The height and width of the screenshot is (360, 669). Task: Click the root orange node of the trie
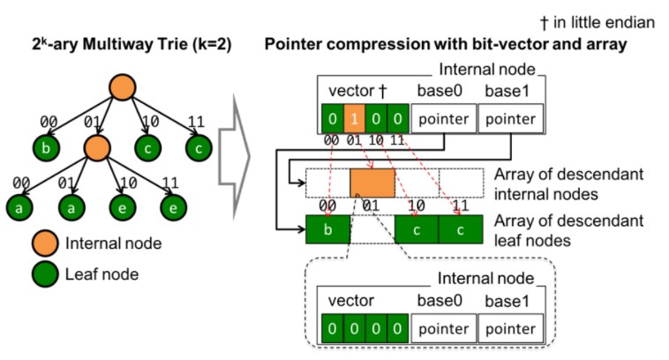click(123, 87)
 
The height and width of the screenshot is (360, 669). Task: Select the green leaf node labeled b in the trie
click(46, 148)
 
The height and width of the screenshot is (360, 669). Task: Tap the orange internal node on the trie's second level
click(97, 148)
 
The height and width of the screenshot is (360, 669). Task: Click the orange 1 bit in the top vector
click(354, 118)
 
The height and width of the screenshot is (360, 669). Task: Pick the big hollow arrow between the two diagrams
click(234, 156)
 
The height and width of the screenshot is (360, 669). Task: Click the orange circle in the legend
click(45, 244)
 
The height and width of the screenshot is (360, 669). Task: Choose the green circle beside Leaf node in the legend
click(45, 274)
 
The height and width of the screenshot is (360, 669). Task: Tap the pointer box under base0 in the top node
click(443, 118)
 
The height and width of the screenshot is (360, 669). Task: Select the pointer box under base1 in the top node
click(511, 118)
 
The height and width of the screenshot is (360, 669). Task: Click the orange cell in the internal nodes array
click(372, 183)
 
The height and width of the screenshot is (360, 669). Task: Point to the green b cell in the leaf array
click(327, 229)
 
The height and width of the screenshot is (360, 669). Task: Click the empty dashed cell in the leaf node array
click(372, 229)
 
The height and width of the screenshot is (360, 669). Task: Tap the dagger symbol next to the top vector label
click(383, 91)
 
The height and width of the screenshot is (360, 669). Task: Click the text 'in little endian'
click(604, 22)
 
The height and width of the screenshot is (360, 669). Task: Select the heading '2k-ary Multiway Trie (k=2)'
click(132, 44)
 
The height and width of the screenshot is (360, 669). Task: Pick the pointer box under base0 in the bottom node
click(443, 328)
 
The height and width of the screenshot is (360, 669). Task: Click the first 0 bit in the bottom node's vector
click(333, 328)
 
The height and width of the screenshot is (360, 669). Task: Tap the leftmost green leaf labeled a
click(19, 207)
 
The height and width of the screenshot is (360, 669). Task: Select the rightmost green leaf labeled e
click(173, 207)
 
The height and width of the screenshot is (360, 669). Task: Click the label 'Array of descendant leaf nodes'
click(568, 230)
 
